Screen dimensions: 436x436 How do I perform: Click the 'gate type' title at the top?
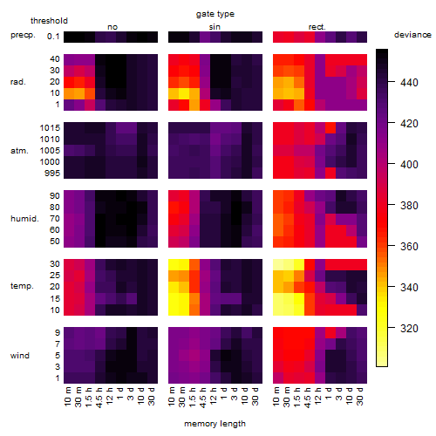(215, 14)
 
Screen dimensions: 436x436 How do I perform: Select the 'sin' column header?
(215, 27)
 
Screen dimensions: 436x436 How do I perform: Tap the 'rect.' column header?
(317, 27)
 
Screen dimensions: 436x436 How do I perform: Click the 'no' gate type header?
(112, 27)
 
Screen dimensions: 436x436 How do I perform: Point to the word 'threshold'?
(49, 21)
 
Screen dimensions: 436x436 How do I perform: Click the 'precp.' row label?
(23, 35)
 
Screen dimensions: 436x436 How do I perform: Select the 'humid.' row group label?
(24, 218)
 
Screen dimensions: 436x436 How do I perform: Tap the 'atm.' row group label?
(19, 151)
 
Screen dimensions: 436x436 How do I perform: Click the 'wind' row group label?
(20, 355)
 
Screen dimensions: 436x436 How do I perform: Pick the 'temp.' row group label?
(22, 286)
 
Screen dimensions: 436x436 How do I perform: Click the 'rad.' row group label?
(18, 82)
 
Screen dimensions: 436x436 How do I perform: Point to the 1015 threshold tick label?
(50, 127)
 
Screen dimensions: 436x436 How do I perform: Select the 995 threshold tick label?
(52, 174)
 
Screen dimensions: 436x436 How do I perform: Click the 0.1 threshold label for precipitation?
(53, 37)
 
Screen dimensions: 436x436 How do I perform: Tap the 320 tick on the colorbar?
(409, 329)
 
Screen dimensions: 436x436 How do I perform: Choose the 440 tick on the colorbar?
(409, 83)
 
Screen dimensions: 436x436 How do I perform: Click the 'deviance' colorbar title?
(412, 35)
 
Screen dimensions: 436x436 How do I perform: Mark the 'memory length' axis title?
(215, 424)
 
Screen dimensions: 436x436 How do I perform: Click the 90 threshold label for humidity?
(55, 196)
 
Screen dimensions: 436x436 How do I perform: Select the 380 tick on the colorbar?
(409, 206)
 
